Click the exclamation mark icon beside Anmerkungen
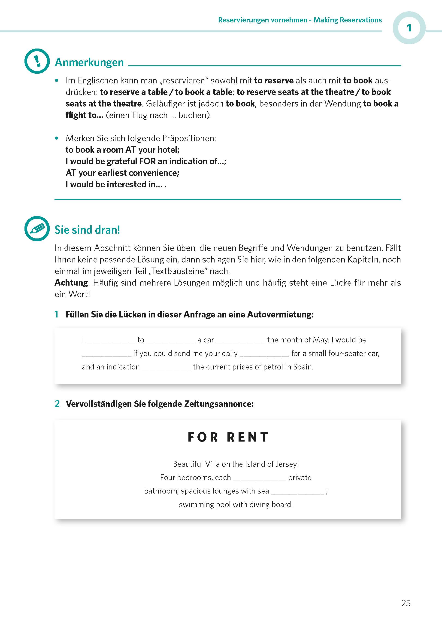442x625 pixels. click(x=37, y=61)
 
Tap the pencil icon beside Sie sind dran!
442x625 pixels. click(x=37, y=229)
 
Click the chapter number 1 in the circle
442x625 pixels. click(x=409, y=28)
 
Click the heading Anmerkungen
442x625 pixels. click(x=89, y=62)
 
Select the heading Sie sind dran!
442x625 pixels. click(x=87, y=230)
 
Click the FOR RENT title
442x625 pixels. click(x=228, y=437)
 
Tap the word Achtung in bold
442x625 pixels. click(x=71, y=282)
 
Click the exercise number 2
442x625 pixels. click(x=57, y=404)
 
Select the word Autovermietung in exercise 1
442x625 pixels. click(x=280, y=314)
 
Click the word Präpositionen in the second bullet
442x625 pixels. click(x=189, y=138)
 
